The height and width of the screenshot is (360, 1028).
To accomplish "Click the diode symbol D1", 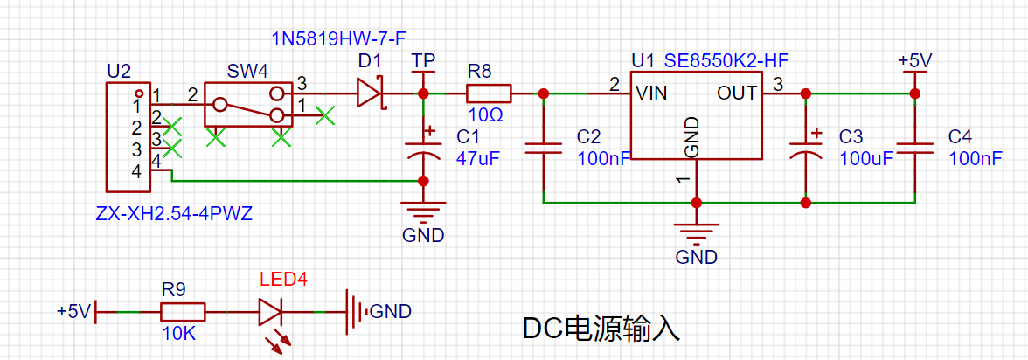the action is click(370, 93).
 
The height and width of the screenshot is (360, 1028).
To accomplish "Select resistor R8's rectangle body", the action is click(489, 93).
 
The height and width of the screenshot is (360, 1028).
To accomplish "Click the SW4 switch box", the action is click(247, 104).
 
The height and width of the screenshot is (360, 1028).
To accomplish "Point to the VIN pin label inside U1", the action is click(652, 93).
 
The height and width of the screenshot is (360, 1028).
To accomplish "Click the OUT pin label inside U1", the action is click(737, 93).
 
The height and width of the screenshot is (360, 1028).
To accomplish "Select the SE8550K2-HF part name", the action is click(726, 62).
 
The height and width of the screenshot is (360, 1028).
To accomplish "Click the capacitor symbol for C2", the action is click(543, 149).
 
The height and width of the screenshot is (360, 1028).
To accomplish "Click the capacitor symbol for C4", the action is click(914, 149).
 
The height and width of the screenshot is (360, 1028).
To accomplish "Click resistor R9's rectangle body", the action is click(184, 312).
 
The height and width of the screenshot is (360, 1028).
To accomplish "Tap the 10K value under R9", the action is click(179, 334).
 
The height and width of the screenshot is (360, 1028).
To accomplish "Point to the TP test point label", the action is click(423, 61).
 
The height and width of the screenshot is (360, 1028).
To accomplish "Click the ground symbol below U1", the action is click(696, 232).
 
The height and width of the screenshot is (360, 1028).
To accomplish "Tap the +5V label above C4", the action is click(915, 61).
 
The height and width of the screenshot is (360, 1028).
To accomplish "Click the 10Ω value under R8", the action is click(486, 115).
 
